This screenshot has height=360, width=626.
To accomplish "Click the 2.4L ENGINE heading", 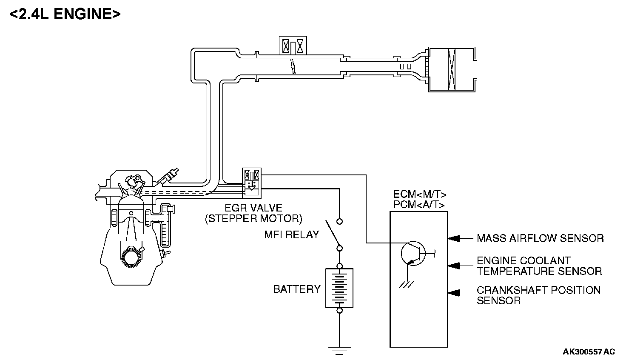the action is click(65, 14).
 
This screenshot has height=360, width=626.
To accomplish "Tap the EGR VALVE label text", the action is click(253, 208).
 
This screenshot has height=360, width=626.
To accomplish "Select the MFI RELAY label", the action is click(291, 235).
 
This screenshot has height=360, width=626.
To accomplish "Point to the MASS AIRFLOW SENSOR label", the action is click(540, 239).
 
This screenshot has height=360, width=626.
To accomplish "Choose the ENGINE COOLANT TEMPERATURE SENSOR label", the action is click(539, 266).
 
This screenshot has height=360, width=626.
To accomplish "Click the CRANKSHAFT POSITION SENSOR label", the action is click(538, 295).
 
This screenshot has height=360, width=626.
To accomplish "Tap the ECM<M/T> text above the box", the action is click(420, 194).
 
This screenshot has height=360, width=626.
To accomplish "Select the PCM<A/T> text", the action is click(418, 205).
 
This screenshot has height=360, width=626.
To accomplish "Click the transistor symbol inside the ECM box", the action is click(413, 254).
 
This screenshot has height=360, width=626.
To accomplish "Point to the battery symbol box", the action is click(339, 288).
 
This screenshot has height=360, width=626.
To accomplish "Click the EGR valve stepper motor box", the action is click(251, 183).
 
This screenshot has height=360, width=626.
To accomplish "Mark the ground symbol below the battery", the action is click(339, 351).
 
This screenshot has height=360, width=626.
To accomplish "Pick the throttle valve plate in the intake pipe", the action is click(293, 66).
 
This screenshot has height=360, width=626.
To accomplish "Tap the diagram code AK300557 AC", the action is click(589, 351).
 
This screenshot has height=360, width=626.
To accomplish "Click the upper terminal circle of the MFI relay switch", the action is click(339, 222).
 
